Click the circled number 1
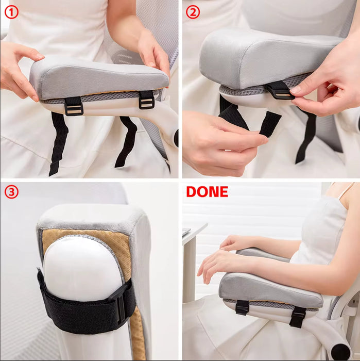click(11, 12)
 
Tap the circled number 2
click(193, 12)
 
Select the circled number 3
click(11, 192)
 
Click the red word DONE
click(207, 192)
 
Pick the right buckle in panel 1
click(146, 100)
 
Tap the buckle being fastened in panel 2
click(280, 90)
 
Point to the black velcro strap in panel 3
click(77, 304)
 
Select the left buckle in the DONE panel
click(242, 307)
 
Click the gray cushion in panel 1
click(98, 77)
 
